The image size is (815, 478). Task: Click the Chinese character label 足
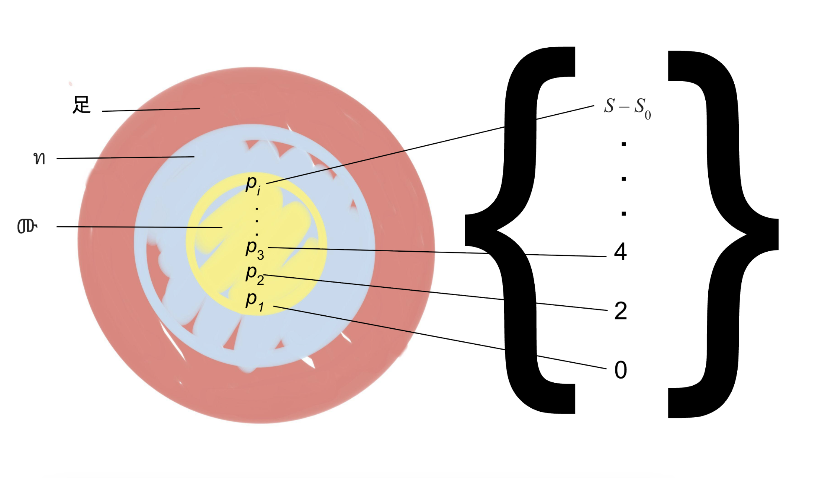81,105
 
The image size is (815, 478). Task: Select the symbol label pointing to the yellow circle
27,226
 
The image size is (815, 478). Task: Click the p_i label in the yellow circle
253,184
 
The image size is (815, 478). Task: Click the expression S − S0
627,108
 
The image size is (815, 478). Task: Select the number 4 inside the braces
620,252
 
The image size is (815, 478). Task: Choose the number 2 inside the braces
621,311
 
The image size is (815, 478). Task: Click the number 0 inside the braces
621,370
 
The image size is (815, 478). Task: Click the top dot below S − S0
624,144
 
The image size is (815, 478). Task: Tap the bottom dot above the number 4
624,214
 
